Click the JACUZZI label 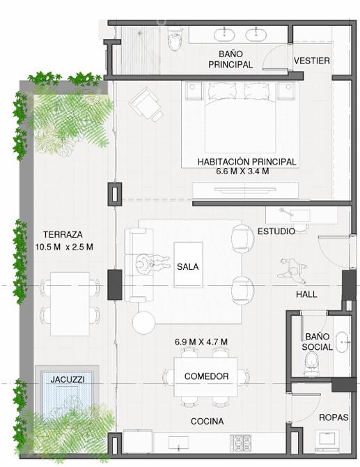pos(68,379)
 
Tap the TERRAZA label pos(63,234)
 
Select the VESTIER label pos(312,61)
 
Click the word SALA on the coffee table pos(187,266)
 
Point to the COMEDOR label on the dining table pos(206,376)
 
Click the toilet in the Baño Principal pos(174,39)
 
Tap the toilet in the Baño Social pos(311,362)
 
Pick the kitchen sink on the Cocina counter pos(179,443)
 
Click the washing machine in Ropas pos(327,441)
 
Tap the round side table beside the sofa pos(143,322)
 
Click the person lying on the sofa pos(153,263)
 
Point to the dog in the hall pos(293,270)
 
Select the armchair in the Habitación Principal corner pos(146,104)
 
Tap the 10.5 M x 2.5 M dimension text pos(64,247)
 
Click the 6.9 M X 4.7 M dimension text pos(201,342)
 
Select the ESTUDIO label pos(276,231)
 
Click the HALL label pos(306,294)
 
